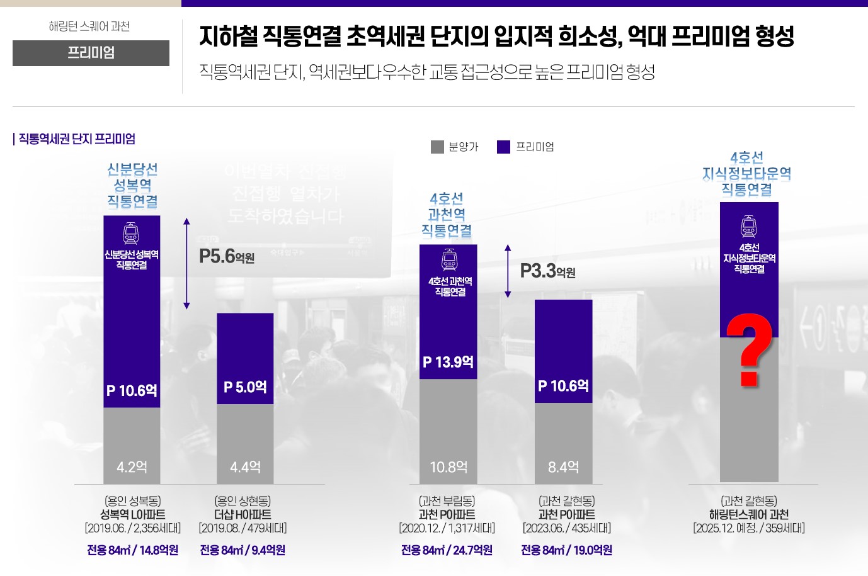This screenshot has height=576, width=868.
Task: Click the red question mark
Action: click(x=749, y=349)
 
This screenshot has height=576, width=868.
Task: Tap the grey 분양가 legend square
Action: click(x=437, y=147)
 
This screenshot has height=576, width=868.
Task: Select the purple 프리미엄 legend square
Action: click(x=503, y=147)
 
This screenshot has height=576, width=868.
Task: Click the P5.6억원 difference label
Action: click(x=227, y=256)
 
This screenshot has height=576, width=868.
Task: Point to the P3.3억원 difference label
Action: click(x=547, y=271)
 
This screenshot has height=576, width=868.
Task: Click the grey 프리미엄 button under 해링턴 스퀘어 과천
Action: click(x=91, y=53)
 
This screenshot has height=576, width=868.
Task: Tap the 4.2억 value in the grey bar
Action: click(x=132, y=467)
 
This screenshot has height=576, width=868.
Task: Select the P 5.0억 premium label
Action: click(x=245, y=387)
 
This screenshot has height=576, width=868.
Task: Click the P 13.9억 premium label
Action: click(x=448, y=362)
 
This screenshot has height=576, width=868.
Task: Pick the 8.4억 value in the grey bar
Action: click(x=563, y=467)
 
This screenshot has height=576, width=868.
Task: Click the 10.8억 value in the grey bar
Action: click(x=448, y=467)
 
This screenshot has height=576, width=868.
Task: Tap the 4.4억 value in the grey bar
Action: click(x=245, y=467)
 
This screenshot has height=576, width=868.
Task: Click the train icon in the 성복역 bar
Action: click(x=131, y=234)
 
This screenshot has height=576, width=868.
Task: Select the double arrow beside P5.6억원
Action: click(x=186, y=264)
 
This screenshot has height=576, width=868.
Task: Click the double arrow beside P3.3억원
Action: click(x=508, y=271)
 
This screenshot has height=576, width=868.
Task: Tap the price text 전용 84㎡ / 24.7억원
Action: click(x=447, y=550)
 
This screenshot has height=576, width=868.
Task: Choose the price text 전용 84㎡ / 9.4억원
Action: click(x=243, y=550)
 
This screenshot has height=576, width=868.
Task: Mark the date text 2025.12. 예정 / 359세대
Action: click(x=749, y=528)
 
